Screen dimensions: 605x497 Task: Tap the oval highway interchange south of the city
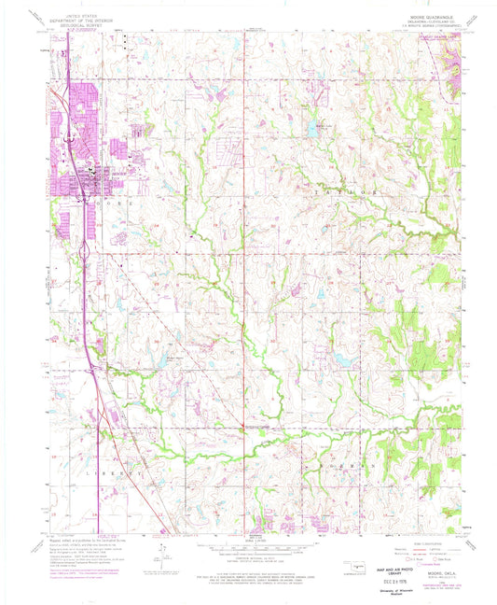tap(84, 251)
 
